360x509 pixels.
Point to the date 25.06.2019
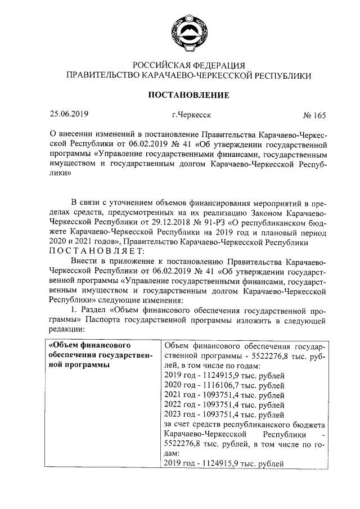pos(69,115)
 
